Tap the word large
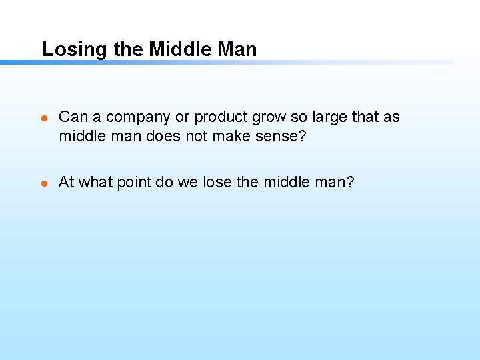click(326, 117)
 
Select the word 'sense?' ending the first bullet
click(283, 137)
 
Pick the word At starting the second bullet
click(66, 182)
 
